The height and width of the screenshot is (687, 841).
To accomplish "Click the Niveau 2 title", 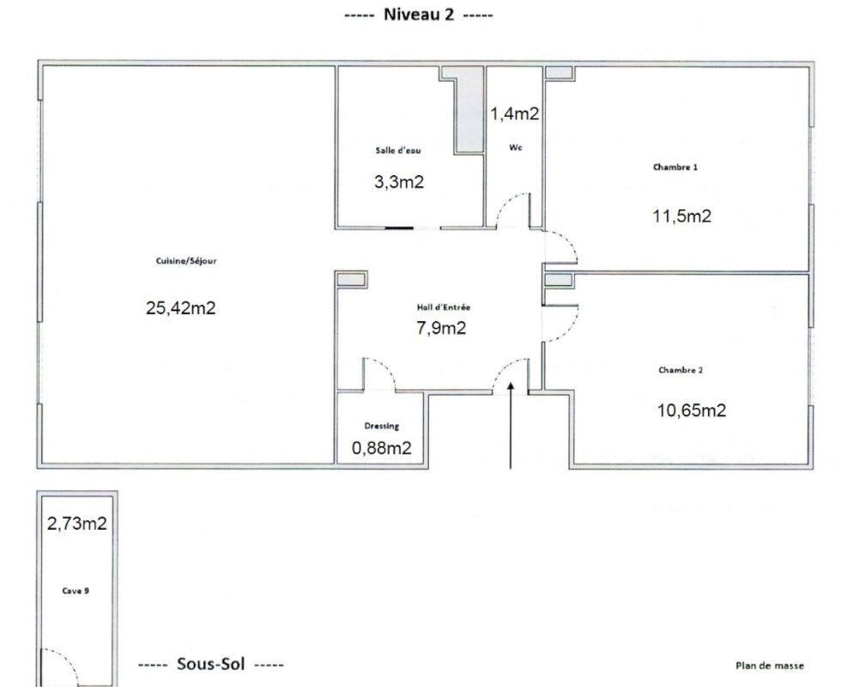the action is click(419, 14).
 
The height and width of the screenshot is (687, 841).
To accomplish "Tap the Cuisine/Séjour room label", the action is click(186, 261).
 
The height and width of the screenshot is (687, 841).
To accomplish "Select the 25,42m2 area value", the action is click(181, 307).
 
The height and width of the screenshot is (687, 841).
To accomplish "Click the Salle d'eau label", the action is click(398, 150).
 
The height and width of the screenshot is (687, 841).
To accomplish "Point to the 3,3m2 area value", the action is click(399, 182).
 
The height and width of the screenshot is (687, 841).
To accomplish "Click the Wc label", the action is click(516, 147).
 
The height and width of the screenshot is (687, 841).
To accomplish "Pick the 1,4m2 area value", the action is click(515, 113).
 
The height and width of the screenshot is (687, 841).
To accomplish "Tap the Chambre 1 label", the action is click(675, 167).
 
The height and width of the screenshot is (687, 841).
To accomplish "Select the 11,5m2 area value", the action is click(681, 216).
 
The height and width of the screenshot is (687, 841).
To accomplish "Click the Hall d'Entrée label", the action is click(444, 307).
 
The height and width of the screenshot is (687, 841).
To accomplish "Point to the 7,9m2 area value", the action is click(441, 327).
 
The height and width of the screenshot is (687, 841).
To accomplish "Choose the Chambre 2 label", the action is click(681, 370).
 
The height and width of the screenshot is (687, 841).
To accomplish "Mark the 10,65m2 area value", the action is click(692, 410).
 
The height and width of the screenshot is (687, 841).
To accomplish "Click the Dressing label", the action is click(382, 426).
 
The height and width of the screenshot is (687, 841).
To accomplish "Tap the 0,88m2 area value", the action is click(381, 447).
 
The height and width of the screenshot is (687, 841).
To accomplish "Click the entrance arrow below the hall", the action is click(510, 425).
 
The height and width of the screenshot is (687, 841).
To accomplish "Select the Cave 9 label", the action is click(76, 591).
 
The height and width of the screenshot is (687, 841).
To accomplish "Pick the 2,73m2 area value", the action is click(76, 523).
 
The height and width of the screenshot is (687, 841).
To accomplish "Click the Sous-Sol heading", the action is click(211, 664).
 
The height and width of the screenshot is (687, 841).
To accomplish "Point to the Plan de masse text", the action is click(770, 666).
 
